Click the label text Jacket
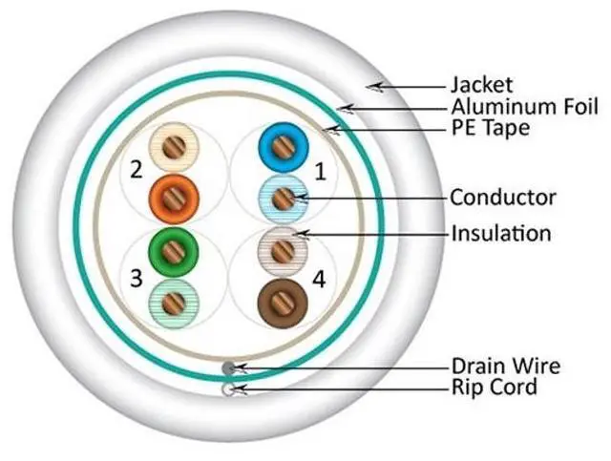pos(481,86)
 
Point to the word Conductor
pos(502,198)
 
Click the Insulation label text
pos(501,233)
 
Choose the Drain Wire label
pos(506,367)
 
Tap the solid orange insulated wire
pos(173,199)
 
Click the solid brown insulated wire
pos(283,303)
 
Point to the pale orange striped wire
pos(173,147)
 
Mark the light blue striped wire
pos(283,199)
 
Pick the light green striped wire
pos(173,304)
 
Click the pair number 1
pos(320,173)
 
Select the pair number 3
pos(137,280)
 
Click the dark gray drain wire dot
pos(227,367)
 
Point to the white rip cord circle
pos(227,388)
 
